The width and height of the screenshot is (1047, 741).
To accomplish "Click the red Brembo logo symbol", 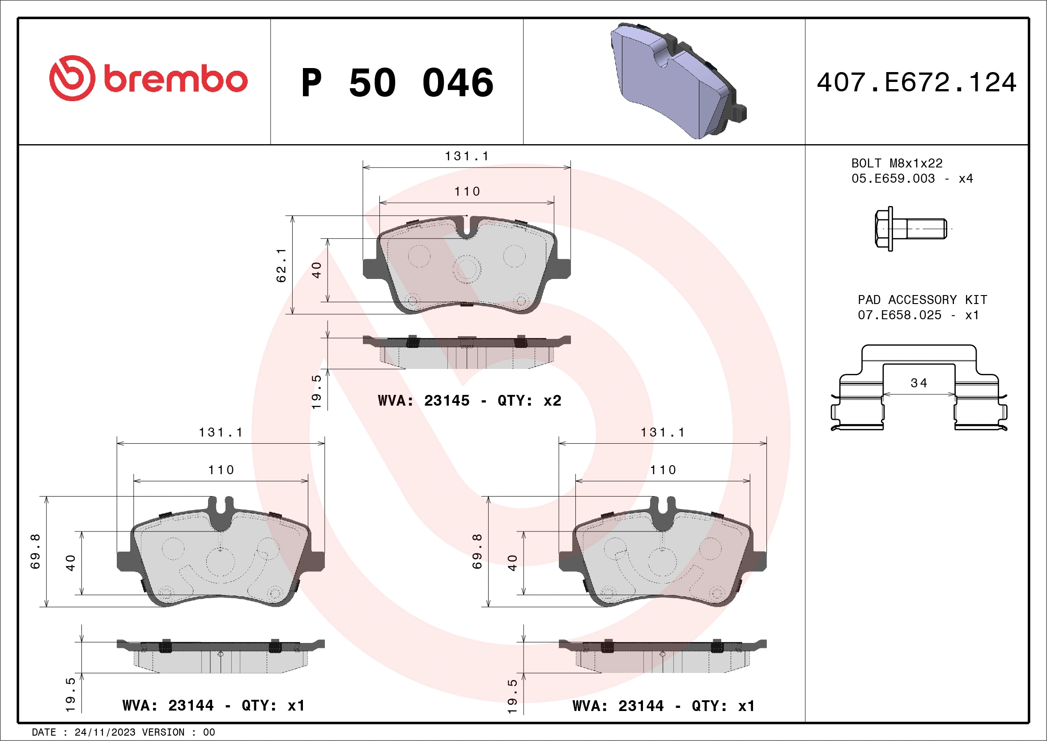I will [72, 78].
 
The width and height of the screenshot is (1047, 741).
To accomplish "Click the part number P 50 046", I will [397, 82].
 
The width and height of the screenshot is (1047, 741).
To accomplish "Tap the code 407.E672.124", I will [916, 82].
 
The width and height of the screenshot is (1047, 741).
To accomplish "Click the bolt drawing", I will [910, 228].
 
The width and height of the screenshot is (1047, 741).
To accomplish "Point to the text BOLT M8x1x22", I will [897, 163].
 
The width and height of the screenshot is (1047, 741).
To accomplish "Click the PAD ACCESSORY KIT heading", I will [922, 300].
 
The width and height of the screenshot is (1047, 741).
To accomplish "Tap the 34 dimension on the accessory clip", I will [919, 383].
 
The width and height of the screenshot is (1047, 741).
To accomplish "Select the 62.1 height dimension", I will [281, 265].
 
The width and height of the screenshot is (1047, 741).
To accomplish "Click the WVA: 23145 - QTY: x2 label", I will [469, 401].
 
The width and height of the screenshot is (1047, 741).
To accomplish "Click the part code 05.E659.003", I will [893, 178].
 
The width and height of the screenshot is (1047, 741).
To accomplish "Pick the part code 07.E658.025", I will [899, 315].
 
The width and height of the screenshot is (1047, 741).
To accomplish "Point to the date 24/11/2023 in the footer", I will [105, 732].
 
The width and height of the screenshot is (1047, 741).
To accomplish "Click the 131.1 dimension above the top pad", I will [467, 156].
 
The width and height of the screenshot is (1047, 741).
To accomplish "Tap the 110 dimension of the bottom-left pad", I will [221, 470].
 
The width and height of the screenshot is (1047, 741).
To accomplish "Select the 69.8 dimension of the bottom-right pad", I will [477, 551].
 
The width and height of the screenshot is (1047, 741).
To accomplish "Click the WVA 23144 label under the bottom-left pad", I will [213, 706].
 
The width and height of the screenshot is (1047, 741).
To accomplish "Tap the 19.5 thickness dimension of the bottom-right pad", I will [513, 696].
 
